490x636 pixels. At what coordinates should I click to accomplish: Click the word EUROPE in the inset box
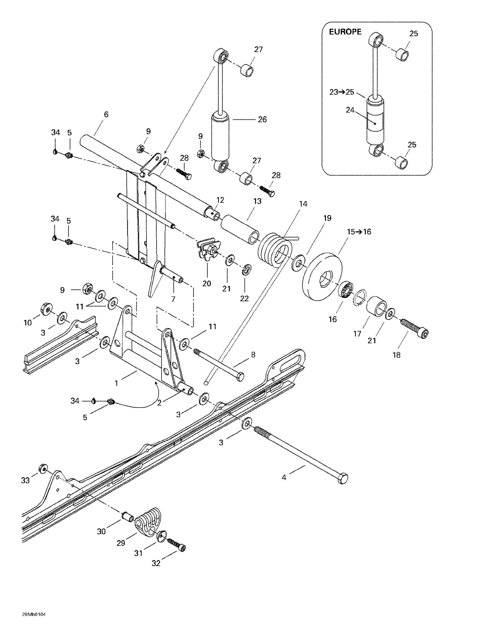345,32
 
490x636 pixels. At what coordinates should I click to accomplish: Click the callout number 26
262,119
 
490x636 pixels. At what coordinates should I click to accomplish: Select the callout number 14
303,204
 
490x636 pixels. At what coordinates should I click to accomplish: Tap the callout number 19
327,218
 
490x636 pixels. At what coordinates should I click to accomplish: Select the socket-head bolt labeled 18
414,328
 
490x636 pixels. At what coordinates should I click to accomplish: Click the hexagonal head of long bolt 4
343,478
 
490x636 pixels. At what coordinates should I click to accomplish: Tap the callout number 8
253,354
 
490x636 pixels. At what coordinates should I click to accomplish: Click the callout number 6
106,114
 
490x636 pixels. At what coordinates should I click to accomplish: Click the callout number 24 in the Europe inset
350,110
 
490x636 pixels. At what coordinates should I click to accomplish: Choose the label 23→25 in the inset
342,92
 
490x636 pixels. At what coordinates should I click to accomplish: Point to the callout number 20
206,283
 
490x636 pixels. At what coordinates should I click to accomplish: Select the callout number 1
116,383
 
